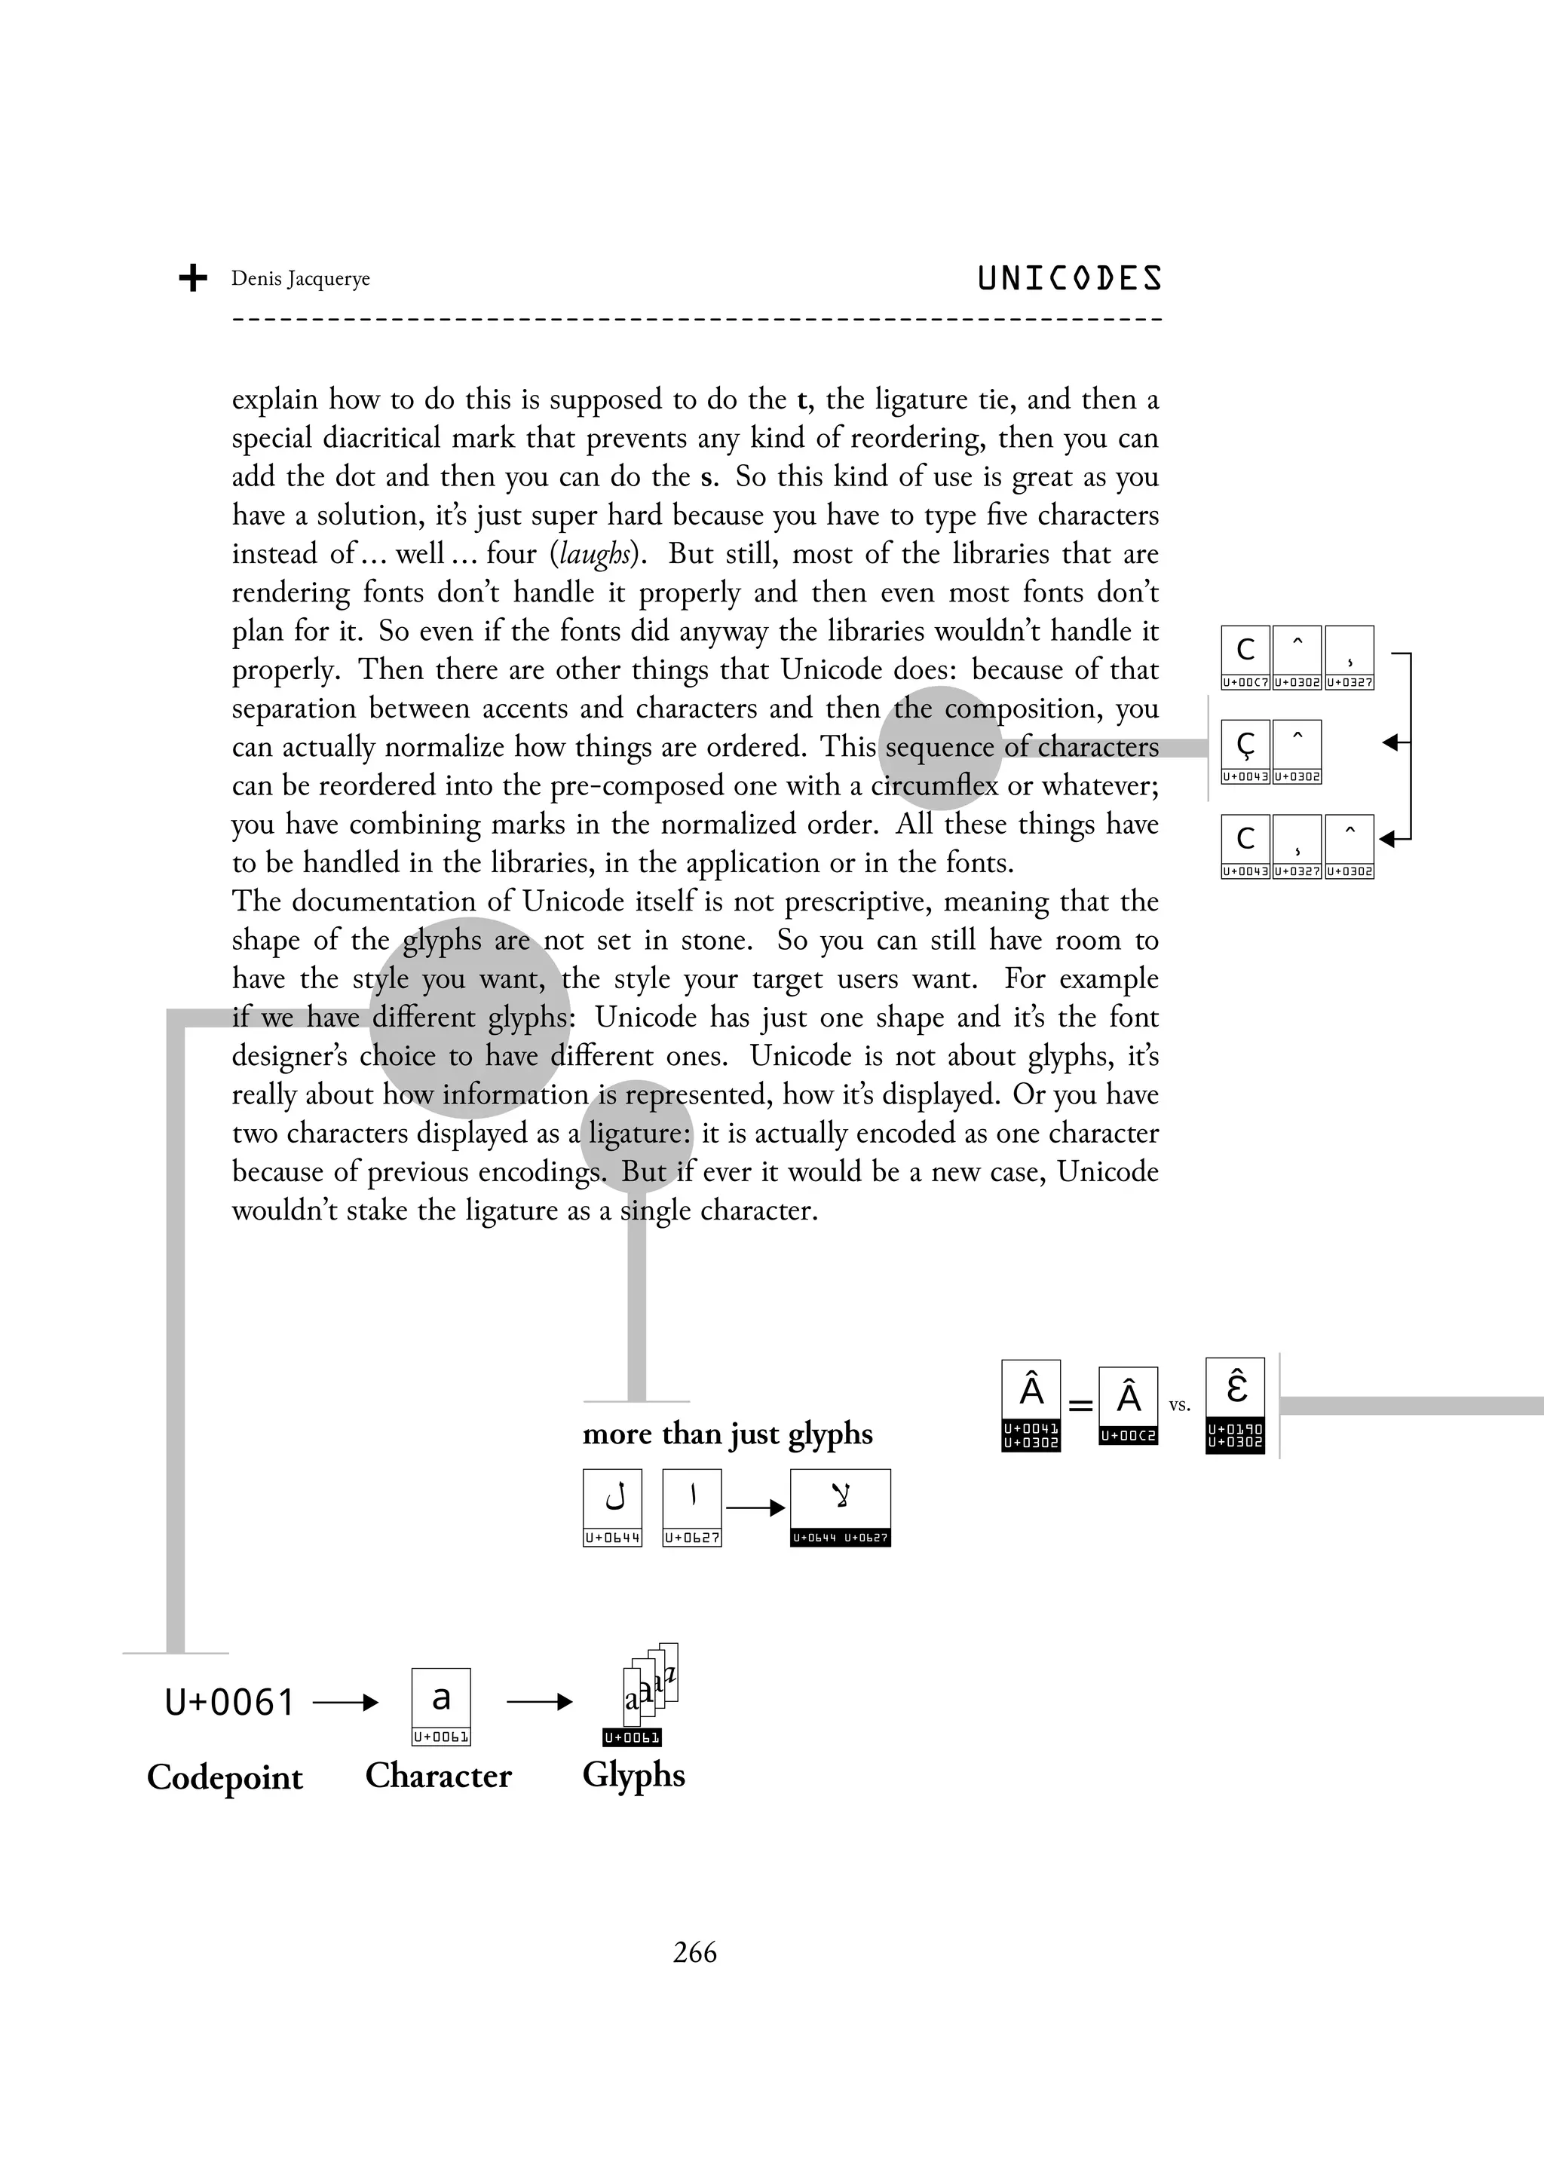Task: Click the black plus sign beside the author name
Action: point(193,278)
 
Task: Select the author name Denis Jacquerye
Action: point(301,278)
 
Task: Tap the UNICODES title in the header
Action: point(1070,278)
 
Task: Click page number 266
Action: point(695,1952)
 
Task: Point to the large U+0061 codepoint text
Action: point(229,1702)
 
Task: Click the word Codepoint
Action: point(225,1777)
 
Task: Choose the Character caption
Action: point(438,1775)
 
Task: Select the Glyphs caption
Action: point(633,1774)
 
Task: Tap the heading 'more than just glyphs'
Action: point(728,1434)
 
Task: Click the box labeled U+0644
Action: point(612,1507)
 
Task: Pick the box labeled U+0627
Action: point(692,1507)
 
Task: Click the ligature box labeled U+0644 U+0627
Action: point(841,1507)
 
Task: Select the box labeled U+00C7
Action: point(1245,657)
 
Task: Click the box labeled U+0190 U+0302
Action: point(1235,1405)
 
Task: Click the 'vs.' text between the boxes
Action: point(1179,1406)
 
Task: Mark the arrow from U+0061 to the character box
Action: point(345,1702)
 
